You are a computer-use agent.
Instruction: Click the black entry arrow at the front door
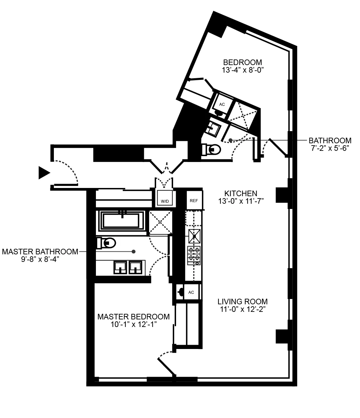44,173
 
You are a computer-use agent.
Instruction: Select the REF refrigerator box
194,200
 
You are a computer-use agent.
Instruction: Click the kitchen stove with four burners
194,255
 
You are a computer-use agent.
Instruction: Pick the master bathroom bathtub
121,220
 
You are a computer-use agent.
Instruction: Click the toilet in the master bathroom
107,243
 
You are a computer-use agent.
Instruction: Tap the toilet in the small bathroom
212,150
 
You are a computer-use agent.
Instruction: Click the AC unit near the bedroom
222,104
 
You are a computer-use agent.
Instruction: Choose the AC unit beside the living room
191,292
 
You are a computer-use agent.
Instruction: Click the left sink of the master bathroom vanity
121,267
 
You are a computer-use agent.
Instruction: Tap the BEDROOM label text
243,62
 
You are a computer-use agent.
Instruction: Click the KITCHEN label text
241,193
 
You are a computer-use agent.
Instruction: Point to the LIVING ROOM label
243,301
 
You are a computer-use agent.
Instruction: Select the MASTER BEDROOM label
134,317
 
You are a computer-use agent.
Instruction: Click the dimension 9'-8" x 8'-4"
40,259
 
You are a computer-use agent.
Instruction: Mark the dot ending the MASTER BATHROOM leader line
134,252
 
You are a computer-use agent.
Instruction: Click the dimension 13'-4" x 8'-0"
243,70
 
